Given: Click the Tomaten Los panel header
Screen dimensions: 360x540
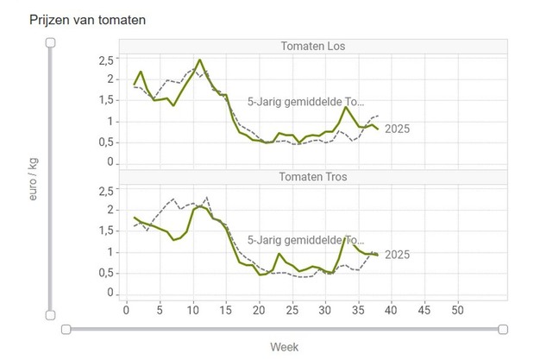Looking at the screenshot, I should click(x=312, y=46).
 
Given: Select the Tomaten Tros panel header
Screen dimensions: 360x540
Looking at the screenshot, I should click(x=312, y=177).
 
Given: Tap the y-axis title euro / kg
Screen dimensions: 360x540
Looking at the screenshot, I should click(x=33, y=179).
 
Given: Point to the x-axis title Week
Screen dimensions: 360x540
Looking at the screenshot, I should click(x=285, y=346).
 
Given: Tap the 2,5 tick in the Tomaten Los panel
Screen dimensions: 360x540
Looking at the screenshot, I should click(x=106, y=60).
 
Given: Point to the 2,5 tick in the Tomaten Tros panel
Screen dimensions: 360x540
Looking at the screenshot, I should click(x=106, y=191).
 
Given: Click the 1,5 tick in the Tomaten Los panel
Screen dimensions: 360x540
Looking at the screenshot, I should click(x=106, y=100).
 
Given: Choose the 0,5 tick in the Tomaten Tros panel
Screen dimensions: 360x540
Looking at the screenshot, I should click(x=106, y=273).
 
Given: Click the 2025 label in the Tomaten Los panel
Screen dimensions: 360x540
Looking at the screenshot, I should click(x=397, y=129).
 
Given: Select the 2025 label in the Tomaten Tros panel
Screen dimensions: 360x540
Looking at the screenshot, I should click(x=397, y=255).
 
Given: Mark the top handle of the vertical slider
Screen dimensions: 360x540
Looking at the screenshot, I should click(x=51, y=41).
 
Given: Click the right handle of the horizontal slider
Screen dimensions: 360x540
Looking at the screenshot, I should click(x=503, y=329).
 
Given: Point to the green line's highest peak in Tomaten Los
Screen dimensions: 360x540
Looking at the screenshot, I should click(x=200, y=60).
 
